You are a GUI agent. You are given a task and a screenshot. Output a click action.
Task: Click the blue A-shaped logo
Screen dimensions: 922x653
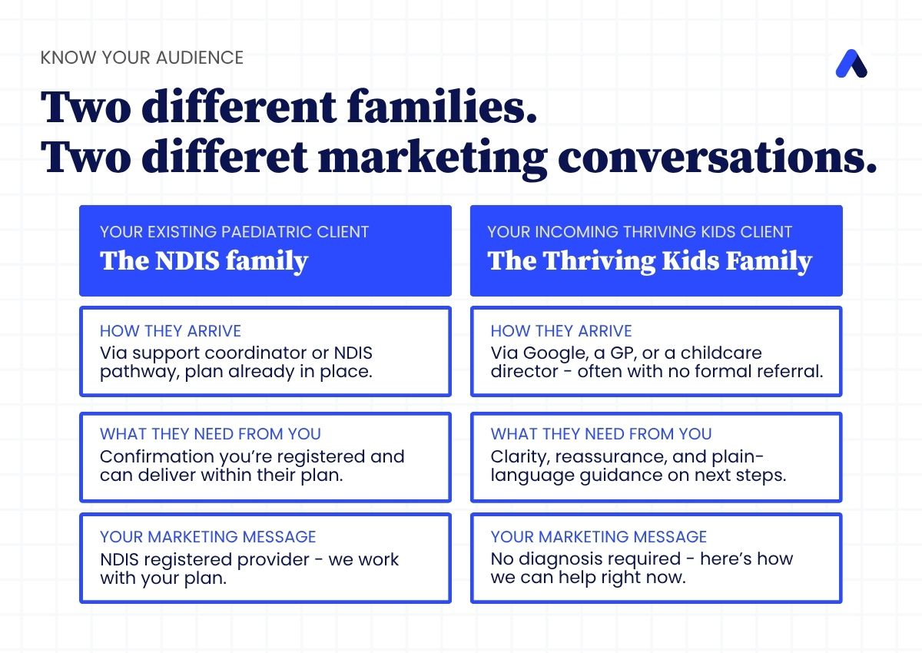click(851, 64)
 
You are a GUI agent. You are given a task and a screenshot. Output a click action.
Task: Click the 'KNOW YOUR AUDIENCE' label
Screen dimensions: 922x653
click(142, 58)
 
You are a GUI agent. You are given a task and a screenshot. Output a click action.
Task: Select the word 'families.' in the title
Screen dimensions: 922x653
click(442, 106)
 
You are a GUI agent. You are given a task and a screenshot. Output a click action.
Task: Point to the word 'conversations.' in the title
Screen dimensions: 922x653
click(718, 157)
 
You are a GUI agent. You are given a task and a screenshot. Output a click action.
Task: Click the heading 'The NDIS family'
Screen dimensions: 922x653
click(204, 261)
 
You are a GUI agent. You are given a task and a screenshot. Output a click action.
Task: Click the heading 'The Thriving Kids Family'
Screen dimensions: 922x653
click(649, 261)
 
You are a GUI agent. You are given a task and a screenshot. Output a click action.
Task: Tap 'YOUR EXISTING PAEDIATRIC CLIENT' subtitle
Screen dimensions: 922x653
click(234, 232)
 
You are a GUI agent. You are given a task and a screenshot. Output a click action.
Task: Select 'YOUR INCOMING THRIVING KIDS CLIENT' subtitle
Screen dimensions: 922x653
click(639, 232)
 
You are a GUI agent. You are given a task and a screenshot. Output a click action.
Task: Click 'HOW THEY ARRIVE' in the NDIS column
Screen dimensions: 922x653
click(171, 331)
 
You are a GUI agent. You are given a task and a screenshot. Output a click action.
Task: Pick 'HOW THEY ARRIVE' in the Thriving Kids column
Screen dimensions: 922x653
click(561, 331)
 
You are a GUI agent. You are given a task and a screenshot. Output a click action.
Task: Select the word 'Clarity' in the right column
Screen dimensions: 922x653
click(520, 458)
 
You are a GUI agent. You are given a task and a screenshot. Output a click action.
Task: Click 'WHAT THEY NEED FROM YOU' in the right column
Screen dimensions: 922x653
click(601, 434)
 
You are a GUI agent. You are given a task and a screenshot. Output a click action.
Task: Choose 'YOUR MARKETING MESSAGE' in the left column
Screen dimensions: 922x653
click(208, 537)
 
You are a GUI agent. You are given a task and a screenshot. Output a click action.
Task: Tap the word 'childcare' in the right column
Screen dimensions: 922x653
click(721, 353)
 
